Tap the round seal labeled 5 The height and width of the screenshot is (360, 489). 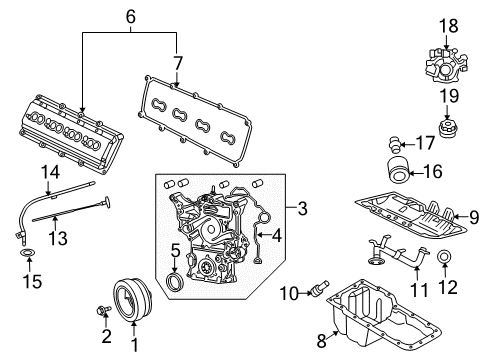(x=177, y=287)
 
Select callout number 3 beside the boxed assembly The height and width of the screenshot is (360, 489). (x=301, y=209)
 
